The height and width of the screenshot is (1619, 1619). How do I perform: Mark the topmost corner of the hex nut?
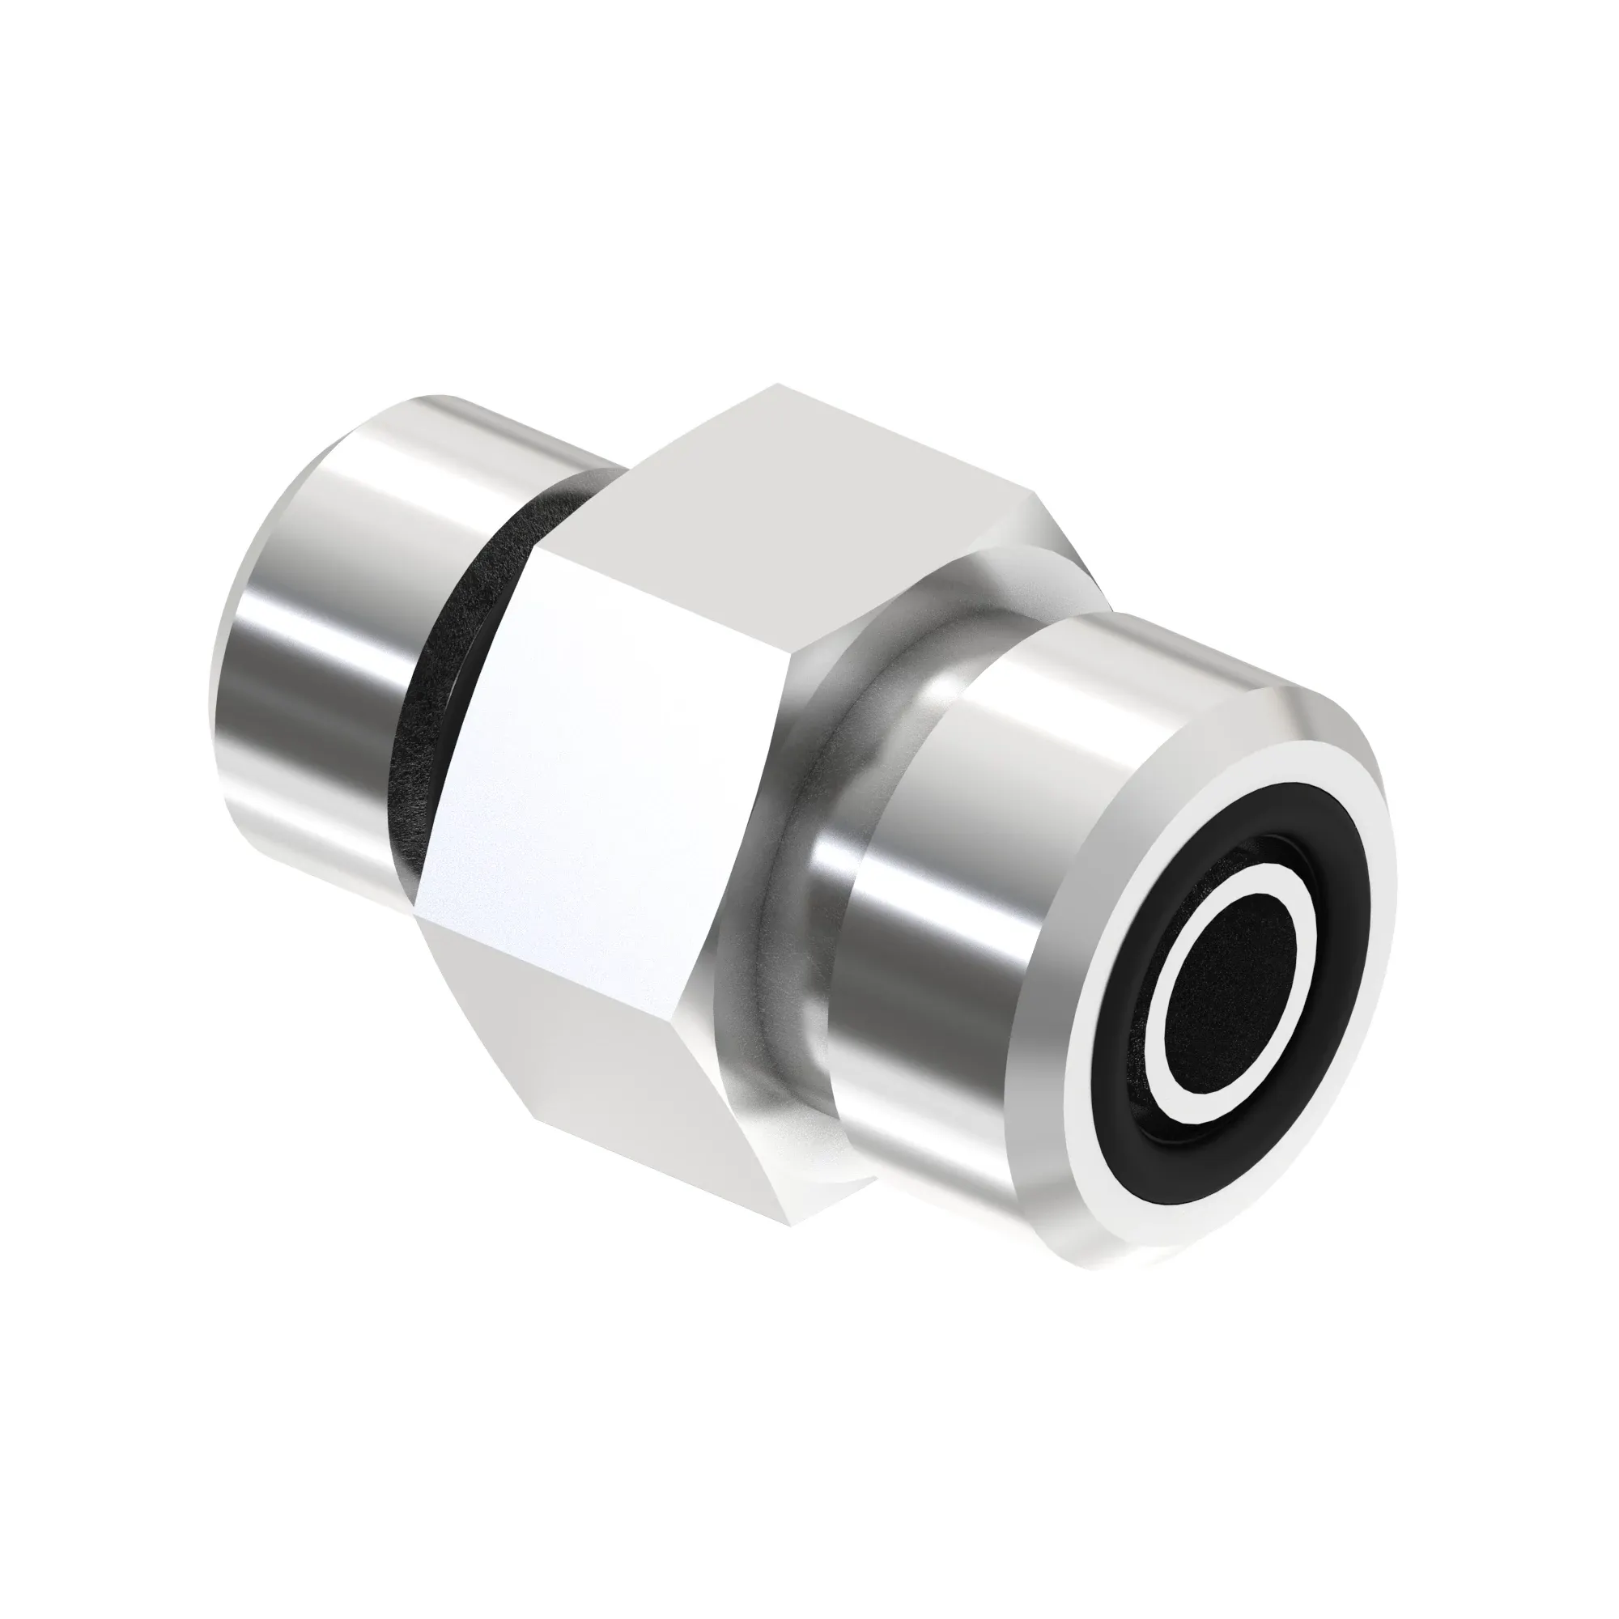(x=776, y=385)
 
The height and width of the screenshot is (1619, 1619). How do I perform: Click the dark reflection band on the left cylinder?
(x=277, y=687)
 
